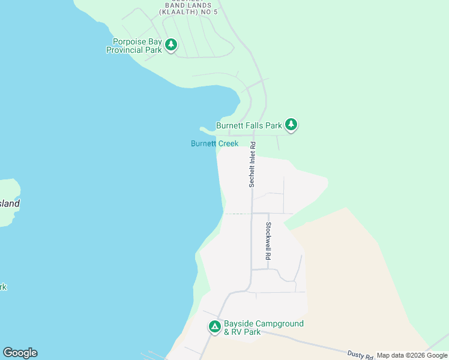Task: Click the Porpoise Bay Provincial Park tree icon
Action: pyautogui.click(x=171, y=45)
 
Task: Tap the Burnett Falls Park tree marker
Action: pyautogui.click(x=291, y=125)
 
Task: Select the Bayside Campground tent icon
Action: pyautogui.click(x=215, y=327)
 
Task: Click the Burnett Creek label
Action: pyautogui.click(x=214, y=143)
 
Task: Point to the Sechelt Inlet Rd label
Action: pyautogui.click(x=253, y=164)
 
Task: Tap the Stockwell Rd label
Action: pyautogui.click(x=268, y=241)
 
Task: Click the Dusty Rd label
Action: pyautogui.click(x=360, y=356)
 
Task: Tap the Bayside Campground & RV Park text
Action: pyautogui.click(x=264, y=328)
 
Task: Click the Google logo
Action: pyautogui.click(x=20, y=353)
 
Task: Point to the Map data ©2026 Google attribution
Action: pyautogui.click(x=412, y=356)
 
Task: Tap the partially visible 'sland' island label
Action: pyautogui.click(x=10, y=203)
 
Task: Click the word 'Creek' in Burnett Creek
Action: pyautogui.click(x=228, y=143)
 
